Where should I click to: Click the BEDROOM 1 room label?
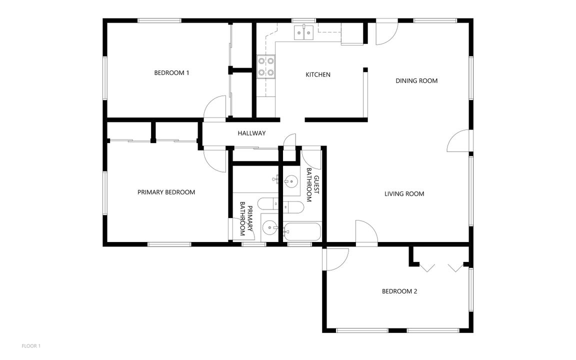click(171, 73)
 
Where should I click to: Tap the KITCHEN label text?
click(318, 75)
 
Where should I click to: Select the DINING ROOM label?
click(416, 81)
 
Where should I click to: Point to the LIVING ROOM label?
click(404, 194)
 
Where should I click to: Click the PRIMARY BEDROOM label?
click(166, 192)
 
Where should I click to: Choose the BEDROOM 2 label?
click(399, 291)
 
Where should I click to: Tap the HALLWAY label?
click(251, 133)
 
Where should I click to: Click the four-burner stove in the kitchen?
click(265, 66)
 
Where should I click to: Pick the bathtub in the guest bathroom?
click(302, 232)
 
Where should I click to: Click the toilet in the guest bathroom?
click(292, 206)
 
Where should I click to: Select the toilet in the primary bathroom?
click(267, 203)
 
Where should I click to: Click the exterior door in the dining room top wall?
click(386, 33)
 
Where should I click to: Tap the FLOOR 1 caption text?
click(31, 345)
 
